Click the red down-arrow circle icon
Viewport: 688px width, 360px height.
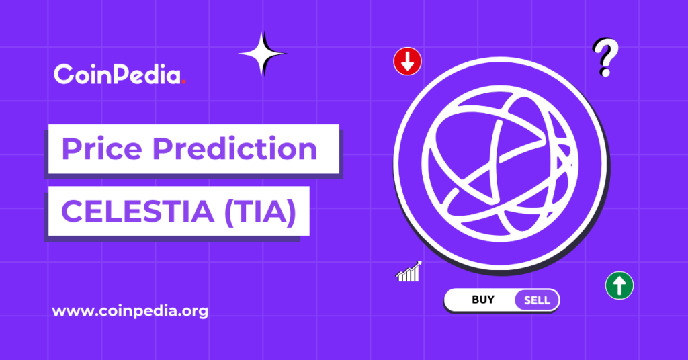(407, 62)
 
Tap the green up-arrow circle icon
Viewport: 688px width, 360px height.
(619, 285)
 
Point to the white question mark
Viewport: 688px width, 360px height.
(605, 56)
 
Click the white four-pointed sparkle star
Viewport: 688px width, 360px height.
(261, 53)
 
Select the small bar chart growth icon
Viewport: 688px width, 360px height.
(408, 272)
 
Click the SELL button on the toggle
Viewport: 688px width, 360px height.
(536, 300)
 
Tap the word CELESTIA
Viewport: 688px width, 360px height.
(137, 213)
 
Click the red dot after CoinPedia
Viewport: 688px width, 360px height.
(184, 81)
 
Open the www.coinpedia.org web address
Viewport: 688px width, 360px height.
(130, 312)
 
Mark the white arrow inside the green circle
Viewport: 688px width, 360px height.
(619, 285)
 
